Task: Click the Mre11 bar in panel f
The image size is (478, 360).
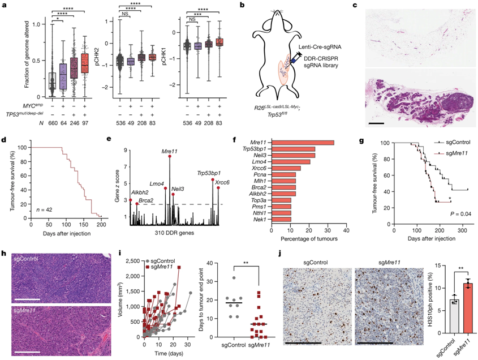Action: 303,142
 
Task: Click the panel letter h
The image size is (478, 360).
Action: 5,253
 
